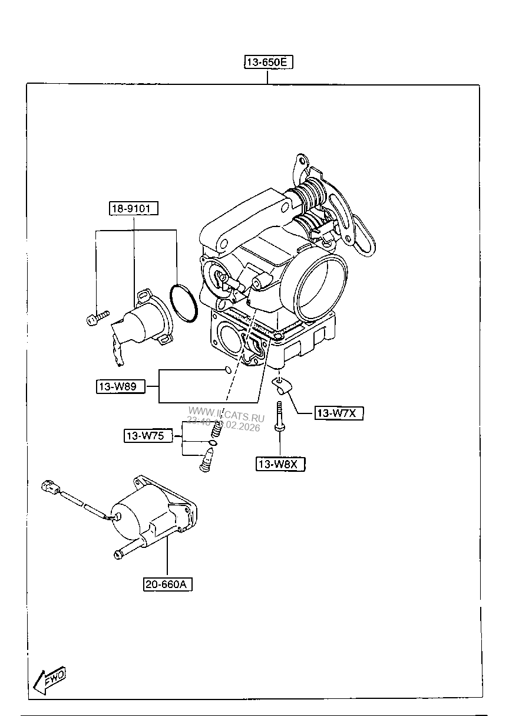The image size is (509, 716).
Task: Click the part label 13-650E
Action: (x=269, y=62)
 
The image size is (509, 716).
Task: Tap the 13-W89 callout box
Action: (x=117, y=387)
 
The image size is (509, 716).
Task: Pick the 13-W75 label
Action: (x=144, y=436)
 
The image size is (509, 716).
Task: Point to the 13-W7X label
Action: (x=336, y=413)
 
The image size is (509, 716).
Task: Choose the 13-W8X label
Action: (x=280, y=464)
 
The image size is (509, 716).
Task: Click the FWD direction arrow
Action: (x=50, y=680)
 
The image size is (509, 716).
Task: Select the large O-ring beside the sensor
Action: (x=182, y=304)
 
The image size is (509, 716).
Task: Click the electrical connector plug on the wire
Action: (x=49, y=488)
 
